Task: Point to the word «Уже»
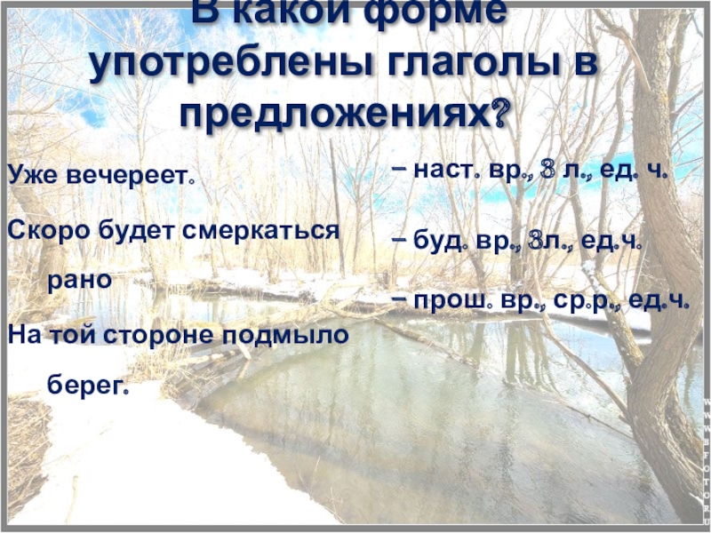coord(33,174)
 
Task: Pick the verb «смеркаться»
coord(262,230)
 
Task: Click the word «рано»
coord(79,280)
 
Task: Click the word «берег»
coord(88,388)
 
